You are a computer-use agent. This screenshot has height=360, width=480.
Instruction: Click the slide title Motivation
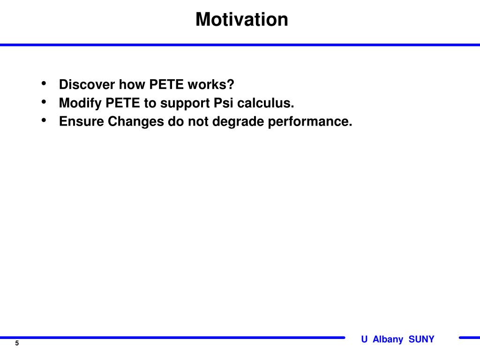pos(242,20)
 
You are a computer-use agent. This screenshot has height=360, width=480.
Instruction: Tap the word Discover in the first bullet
pos(87,84)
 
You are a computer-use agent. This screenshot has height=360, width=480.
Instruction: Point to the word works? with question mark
pos(211,84)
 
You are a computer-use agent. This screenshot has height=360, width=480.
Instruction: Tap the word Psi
pos(224,103)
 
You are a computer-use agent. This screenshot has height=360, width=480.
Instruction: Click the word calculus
pos(266,103)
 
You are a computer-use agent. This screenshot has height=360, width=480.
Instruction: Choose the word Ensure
pos(82,121)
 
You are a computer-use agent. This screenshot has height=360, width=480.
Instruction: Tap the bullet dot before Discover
pos(44,83)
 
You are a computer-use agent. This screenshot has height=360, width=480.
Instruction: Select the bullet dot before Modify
pos(44,102)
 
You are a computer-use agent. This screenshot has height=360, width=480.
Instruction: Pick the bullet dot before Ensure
pos(44,120)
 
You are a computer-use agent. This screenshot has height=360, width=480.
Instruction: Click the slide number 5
pos(17,343)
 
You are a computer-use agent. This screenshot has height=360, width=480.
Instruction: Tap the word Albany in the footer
pos(388,339)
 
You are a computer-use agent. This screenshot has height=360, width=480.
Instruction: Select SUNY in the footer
pos(421,339)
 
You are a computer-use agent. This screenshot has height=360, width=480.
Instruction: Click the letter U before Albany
pos(364,339)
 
